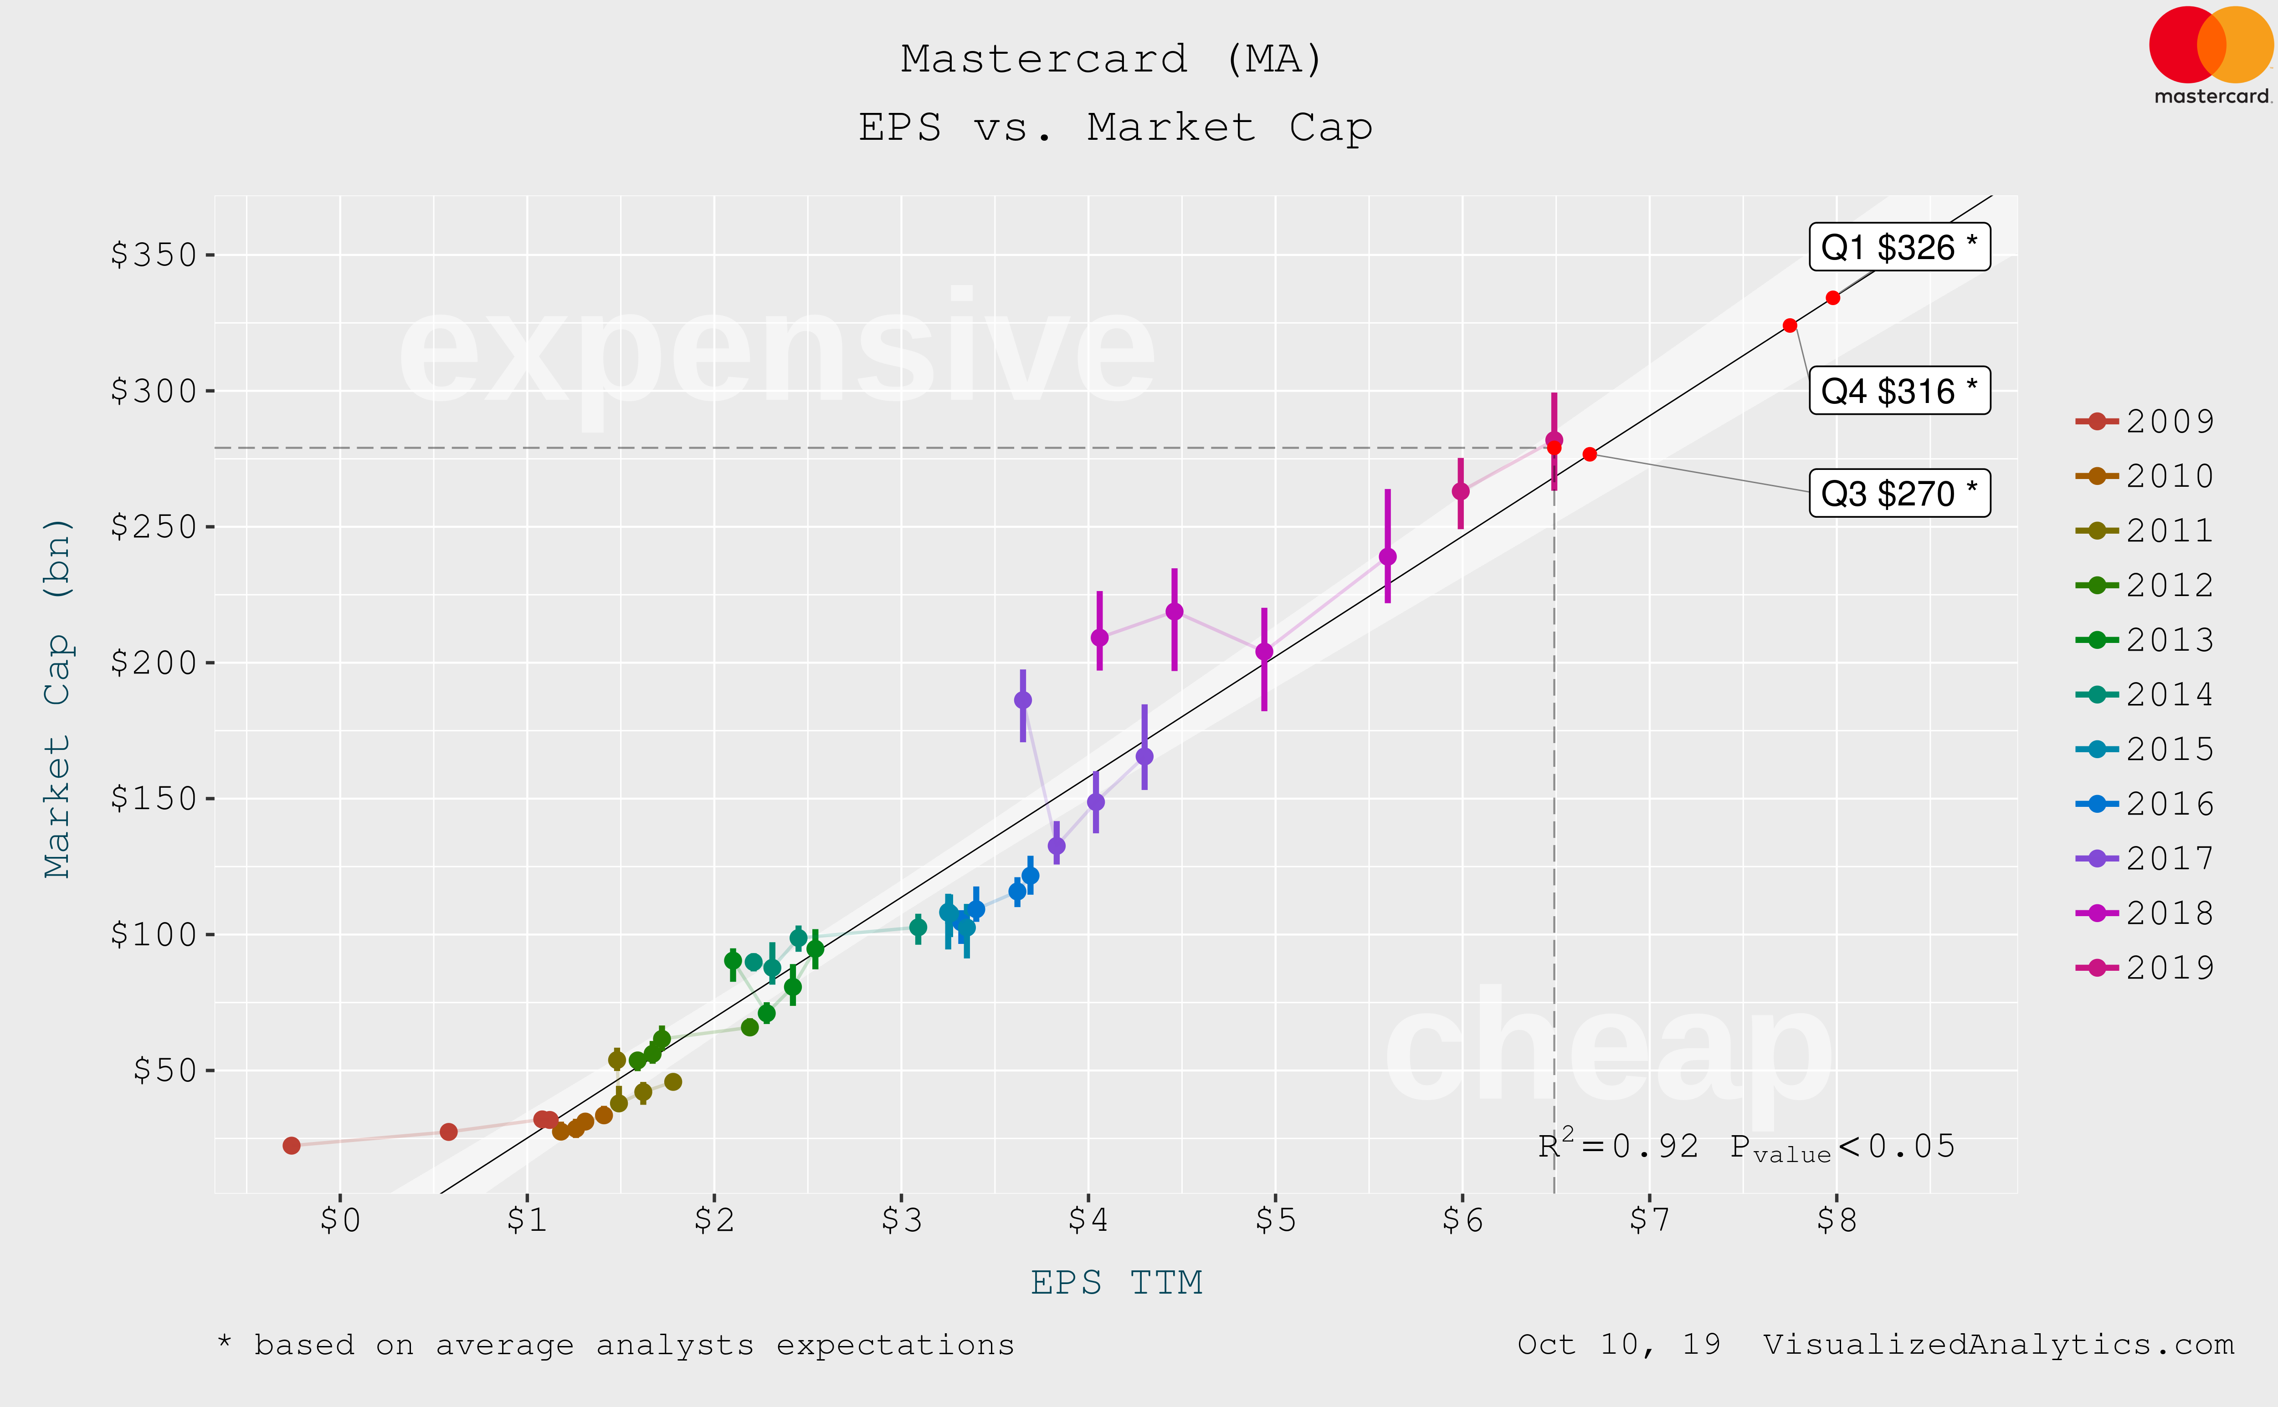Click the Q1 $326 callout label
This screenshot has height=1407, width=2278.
[1899, 248]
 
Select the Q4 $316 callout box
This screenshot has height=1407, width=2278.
[1899, 391]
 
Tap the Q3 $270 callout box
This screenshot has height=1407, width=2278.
[1899, 493]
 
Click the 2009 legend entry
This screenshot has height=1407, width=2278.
[2146, 422]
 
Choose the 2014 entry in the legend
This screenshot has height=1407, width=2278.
[2146, 694]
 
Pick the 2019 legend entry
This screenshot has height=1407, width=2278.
[2146, 968]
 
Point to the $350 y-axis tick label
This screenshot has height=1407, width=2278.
[154, 255]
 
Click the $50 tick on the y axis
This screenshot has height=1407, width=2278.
[165, 1070]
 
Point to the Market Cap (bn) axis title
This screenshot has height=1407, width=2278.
[58, 698]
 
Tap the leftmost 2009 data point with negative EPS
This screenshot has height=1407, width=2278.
[292, 1146]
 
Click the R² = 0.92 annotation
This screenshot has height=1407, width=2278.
[1618, 1147]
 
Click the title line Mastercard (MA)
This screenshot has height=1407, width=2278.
[1112, 60]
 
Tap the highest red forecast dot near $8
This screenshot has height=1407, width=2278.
[1832, 298]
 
